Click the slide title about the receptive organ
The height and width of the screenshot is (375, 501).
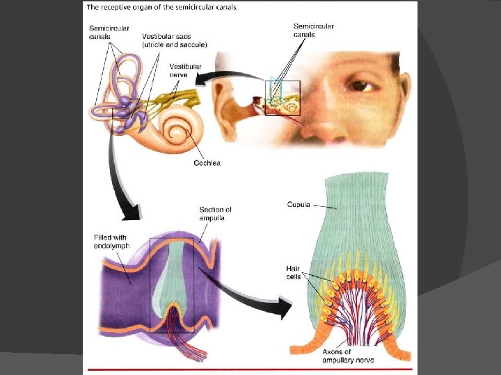(x=162, y=8)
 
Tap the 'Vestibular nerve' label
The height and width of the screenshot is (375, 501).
(x=185, y=71)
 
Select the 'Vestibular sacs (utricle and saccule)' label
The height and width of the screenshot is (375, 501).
(x=174, y=40)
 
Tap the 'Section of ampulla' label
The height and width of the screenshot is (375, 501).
(x=216, y=213)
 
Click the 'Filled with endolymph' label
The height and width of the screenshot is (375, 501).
(x=111, y=241)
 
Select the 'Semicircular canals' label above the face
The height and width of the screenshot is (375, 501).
(x=314, y=31)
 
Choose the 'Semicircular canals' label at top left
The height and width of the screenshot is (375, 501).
(x=104, y=33)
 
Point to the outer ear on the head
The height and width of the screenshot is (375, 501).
(x=230, y=104)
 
